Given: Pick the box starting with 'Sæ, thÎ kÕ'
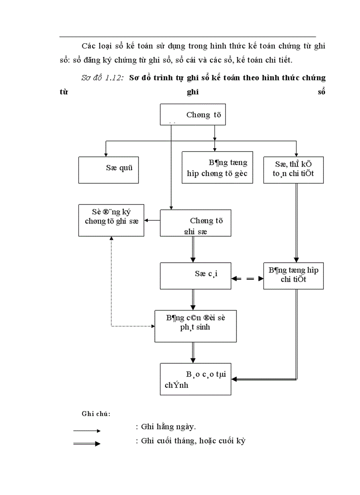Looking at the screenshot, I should point(293,170).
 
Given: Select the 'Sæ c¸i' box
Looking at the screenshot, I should point(195,276).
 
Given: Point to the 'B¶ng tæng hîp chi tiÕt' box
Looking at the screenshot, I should point(293,276).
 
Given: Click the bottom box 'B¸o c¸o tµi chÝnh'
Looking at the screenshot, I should point(195,379).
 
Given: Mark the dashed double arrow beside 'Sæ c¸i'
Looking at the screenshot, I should point(247,278).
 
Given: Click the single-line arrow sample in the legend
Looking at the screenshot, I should point(87,431).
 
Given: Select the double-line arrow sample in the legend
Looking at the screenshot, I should point(87,443).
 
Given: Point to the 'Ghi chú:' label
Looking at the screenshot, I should point(96,414).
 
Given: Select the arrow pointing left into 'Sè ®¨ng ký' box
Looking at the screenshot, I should point(153,220).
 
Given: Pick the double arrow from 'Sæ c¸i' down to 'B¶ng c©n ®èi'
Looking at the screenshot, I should point(192,300).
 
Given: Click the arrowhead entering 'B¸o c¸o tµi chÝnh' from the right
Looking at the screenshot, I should point(235,379).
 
